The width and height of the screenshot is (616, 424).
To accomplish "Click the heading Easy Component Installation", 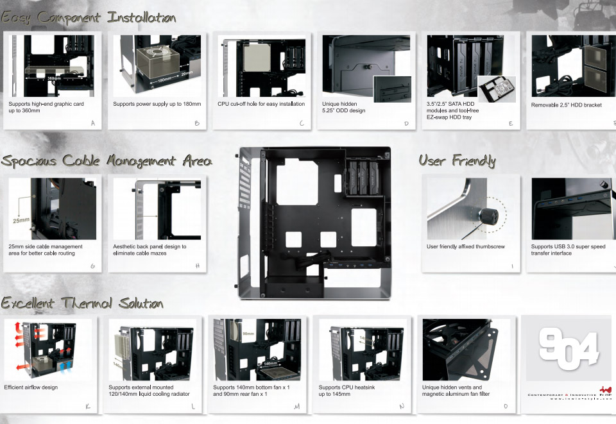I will (x=88, y=17).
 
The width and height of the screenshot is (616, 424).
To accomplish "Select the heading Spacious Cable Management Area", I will (x=106, y=160).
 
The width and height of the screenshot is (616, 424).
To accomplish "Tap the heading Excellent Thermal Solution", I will (x=81, y=303).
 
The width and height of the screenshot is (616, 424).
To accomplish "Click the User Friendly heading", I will (x=457, y=160).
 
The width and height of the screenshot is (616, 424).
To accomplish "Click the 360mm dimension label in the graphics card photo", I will (x=55, y=78).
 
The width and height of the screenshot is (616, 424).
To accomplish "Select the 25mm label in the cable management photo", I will (x=21, y=220).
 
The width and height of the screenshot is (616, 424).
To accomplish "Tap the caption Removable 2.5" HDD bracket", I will (x=567, y=105).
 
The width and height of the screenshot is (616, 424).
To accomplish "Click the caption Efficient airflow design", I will (x=31, y=387).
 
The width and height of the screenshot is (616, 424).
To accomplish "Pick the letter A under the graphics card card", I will (x=93, y=123).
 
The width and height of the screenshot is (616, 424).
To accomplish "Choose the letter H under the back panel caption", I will (x=198, y=265).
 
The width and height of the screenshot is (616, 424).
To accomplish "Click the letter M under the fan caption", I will (x=296, y=407).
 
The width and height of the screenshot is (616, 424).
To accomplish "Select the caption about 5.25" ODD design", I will (x=344, y=107).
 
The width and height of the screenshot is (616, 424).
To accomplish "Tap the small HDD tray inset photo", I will (x=496, y=89).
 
